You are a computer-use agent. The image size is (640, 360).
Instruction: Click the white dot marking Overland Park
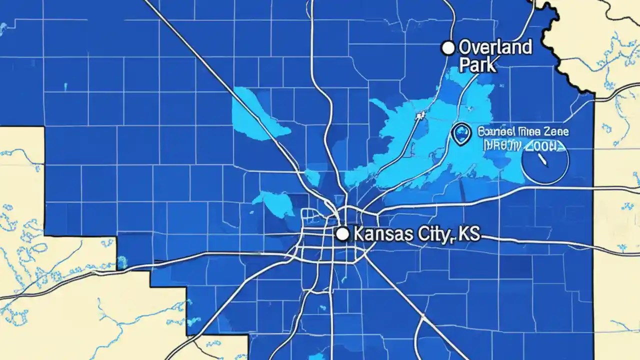448,48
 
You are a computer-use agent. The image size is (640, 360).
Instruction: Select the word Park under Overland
477,64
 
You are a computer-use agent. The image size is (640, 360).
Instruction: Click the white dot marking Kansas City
342,233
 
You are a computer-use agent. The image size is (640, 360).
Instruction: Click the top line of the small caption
523,132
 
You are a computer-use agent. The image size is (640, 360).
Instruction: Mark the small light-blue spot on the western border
121,260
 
